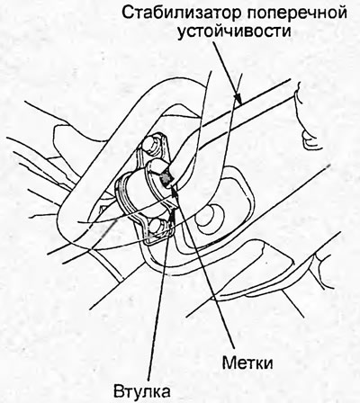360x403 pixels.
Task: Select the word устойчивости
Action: point(234,31)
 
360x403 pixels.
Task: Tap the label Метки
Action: point(247,363)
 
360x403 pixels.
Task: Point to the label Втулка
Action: point(142,391)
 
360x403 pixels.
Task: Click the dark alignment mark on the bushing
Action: point(166,179)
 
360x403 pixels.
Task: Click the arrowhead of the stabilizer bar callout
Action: point(238,100)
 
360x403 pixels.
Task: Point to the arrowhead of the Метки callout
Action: point(175,190)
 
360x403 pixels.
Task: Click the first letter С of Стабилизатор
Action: point(128,13)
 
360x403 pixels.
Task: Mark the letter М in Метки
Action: point(229,363)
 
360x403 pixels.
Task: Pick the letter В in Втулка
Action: point(119,391)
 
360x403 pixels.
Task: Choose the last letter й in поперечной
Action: point(343,13)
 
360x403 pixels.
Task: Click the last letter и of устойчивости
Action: point(286,32)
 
